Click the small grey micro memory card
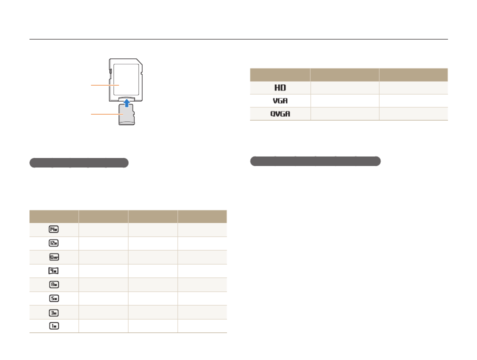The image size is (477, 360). point(126,114)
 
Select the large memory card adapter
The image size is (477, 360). point(126,80)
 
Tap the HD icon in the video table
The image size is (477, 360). point(280,88)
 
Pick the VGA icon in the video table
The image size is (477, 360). point(280,100)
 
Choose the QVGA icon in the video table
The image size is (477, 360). point(280,114)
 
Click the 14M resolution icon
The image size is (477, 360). point(53,229)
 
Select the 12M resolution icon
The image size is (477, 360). point(53,243)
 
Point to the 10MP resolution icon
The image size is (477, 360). point(54,257)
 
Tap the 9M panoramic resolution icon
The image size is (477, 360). point(53,271)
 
